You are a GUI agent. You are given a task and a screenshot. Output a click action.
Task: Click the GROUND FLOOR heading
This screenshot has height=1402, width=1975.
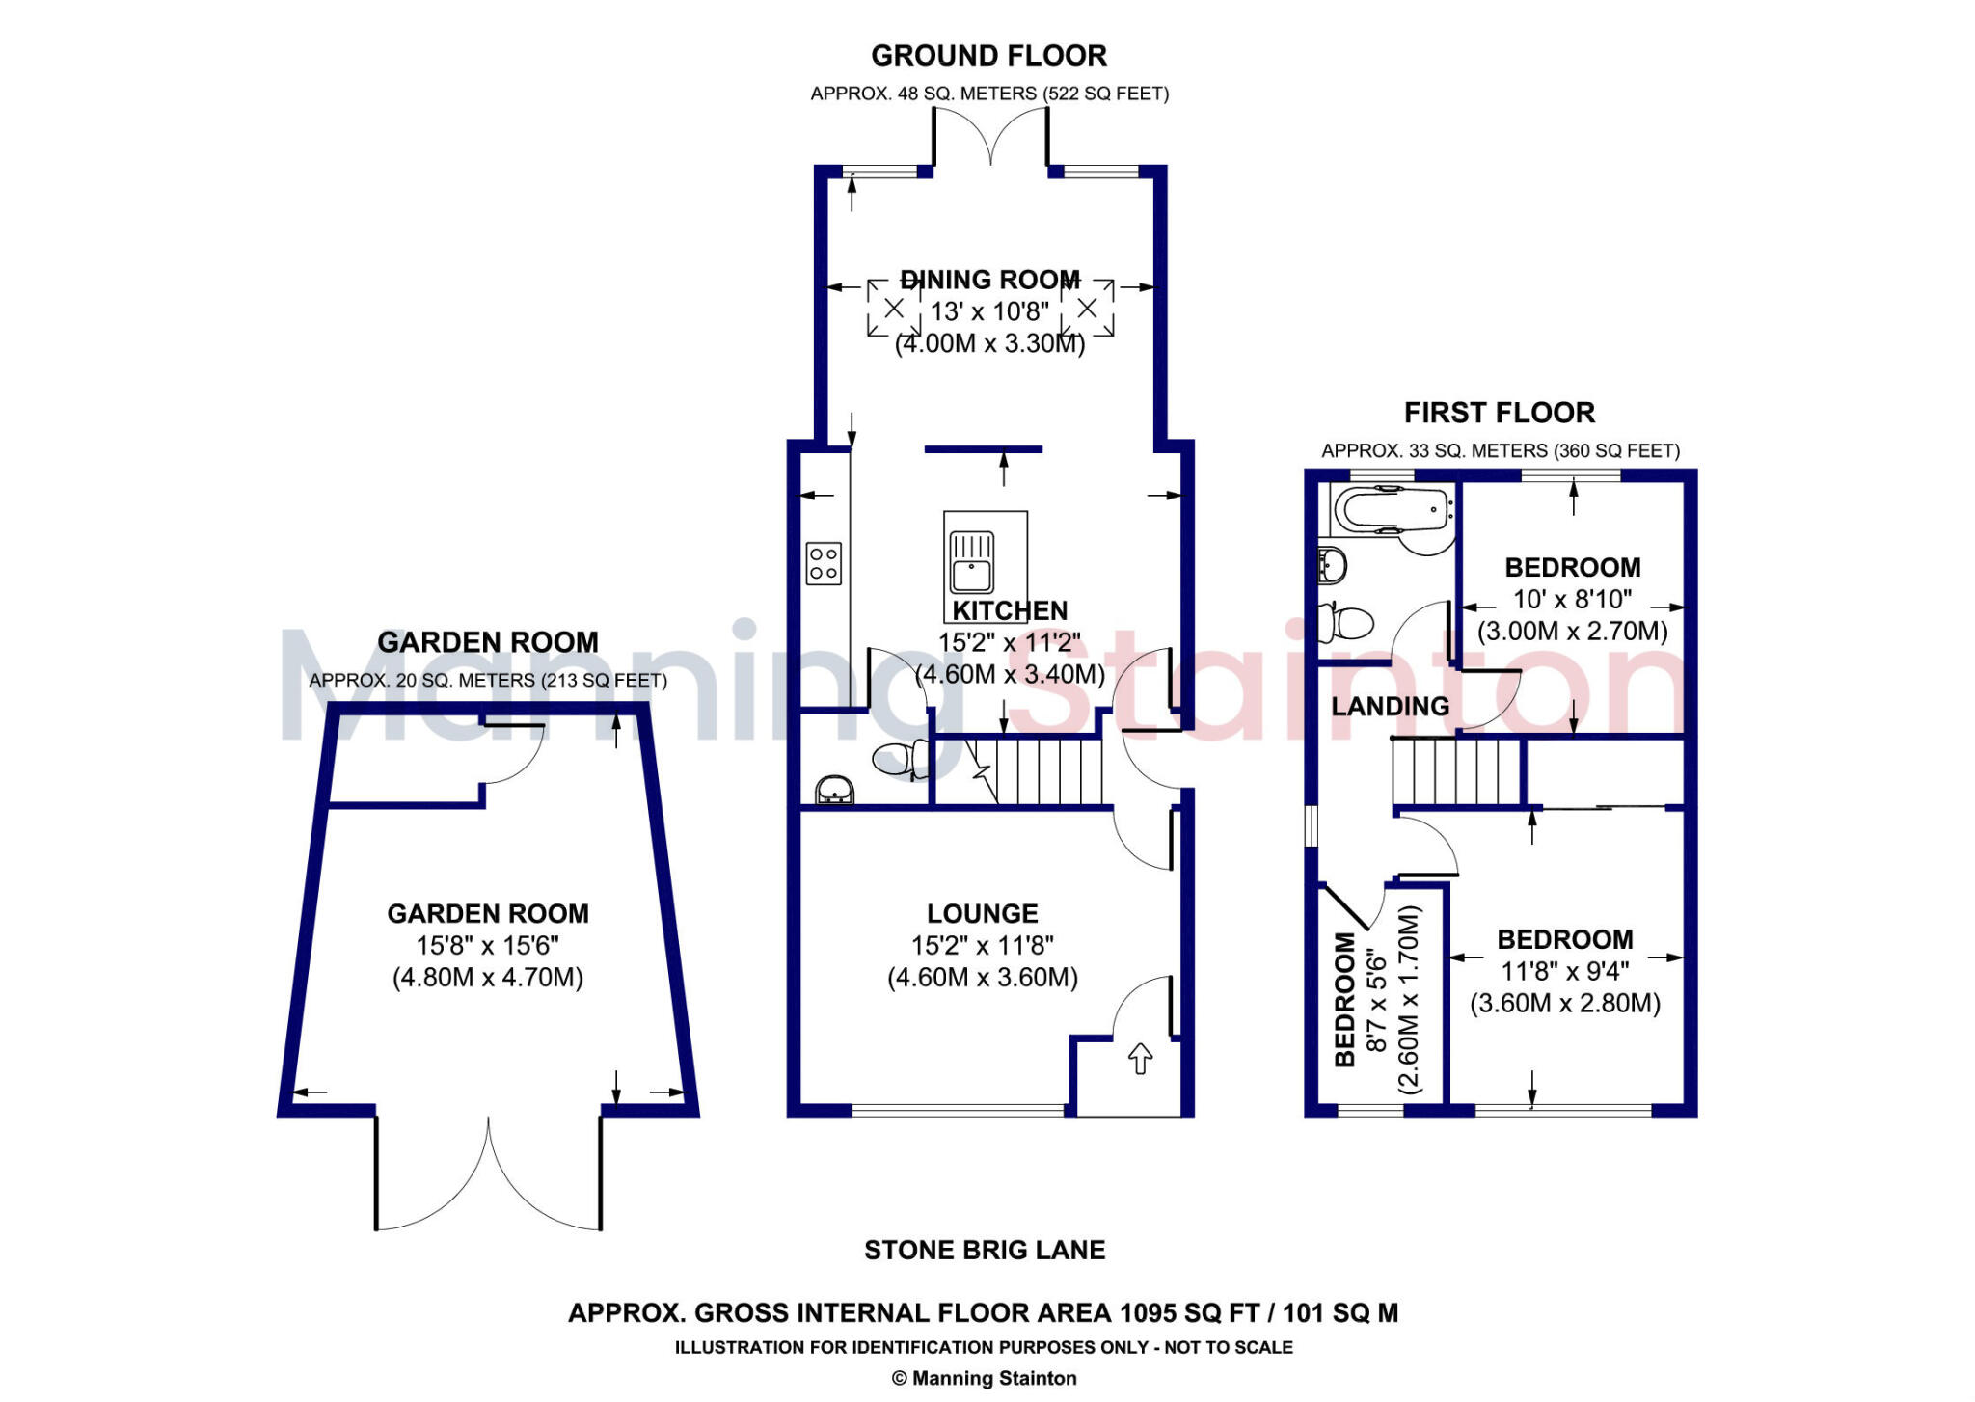coord(988,56)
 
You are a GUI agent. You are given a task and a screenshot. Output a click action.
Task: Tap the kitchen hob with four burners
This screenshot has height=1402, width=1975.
coord(824,563)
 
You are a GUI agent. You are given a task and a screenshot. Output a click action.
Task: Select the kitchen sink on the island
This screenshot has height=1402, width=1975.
coord(972,563)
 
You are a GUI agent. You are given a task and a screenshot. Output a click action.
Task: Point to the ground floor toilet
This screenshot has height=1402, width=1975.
coord(900,758)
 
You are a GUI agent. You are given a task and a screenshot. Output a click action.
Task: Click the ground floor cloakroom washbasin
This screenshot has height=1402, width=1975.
coord(835,791)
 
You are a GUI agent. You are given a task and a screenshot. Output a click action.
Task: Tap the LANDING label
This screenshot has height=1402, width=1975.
coord(1390,707)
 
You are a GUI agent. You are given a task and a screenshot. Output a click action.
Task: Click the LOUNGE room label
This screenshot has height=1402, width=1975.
coord(982,913)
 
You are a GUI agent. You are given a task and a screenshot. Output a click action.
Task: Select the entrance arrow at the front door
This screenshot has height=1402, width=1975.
coord(1140,1058)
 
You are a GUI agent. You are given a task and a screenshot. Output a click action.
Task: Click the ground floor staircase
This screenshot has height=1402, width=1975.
coord(1046,771)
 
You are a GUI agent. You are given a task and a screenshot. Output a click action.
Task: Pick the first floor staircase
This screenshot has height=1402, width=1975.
coord(1456,770)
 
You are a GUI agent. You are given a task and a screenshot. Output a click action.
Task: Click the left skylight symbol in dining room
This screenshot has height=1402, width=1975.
coord(894,309)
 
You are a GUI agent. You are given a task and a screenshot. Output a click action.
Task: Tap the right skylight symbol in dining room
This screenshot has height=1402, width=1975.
coord(1087,309)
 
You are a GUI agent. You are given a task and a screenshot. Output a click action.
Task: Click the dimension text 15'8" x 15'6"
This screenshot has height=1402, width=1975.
coord(487,945)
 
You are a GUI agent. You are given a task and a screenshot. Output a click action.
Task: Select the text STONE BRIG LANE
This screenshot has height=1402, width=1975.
coord(985,1251)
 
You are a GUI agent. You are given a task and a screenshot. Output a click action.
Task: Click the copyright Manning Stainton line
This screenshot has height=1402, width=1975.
coord(984,1378)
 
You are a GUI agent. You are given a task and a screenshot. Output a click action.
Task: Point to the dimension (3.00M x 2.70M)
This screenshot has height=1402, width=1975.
coord(1572,632)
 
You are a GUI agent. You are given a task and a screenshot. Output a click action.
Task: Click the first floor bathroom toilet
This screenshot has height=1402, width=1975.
coord(1347,622)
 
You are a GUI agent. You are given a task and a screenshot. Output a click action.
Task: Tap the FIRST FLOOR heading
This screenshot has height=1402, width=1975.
coord(1499,413)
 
